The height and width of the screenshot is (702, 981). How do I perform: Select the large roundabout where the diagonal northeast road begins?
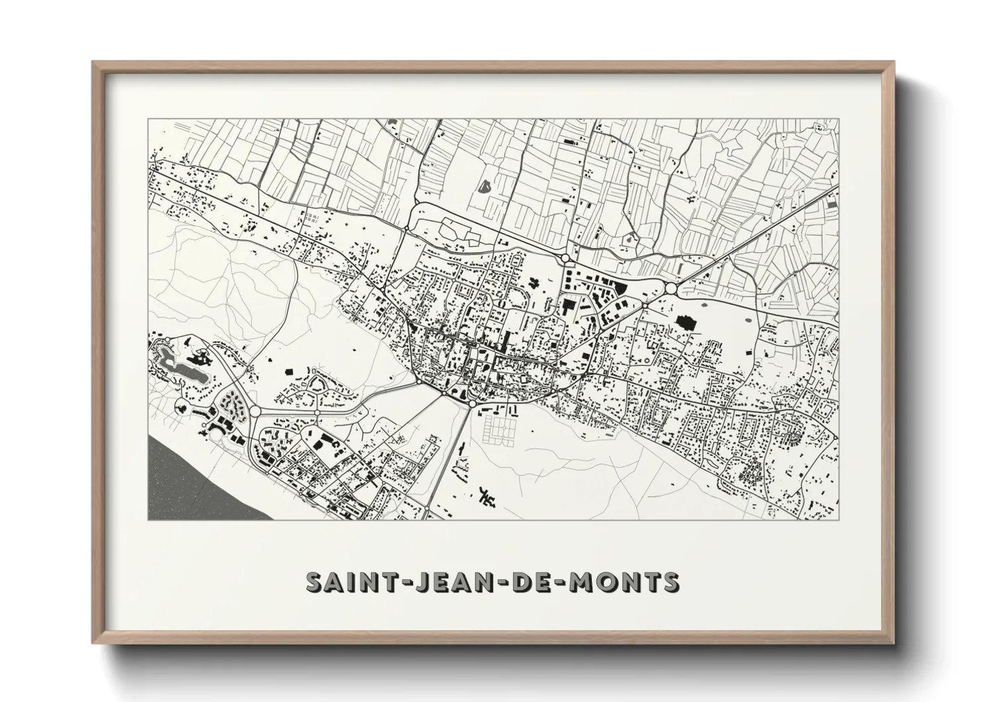(671, 288)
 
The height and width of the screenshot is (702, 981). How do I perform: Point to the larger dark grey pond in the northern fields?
(485, 188)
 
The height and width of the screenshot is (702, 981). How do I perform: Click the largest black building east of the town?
(683, 324)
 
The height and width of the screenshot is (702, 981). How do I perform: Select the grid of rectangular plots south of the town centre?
(498, 427)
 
